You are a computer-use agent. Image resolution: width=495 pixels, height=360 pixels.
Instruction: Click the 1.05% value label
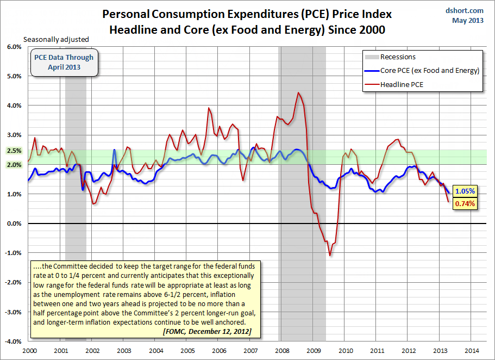(465, 191)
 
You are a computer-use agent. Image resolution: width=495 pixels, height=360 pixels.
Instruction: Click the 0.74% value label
(465, 204)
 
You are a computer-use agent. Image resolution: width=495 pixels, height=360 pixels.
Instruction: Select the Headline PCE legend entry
(402, 84)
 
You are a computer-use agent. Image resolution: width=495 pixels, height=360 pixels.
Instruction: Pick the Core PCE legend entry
(429, 71)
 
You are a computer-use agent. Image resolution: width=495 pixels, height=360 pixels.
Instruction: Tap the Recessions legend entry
(398, 57)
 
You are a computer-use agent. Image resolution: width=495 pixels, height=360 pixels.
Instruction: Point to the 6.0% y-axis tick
(14, 47)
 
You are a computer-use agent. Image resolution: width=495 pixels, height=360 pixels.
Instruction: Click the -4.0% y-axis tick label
(12, 342)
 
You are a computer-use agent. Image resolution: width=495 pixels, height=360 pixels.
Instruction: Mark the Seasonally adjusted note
(55, 39)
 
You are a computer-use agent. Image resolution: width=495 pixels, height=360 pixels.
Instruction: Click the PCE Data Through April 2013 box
(64, 63)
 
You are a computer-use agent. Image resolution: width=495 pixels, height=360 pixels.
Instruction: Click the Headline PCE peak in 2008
(298, 93)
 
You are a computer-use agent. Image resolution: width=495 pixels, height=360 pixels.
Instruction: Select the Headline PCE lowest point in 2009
(329, 256)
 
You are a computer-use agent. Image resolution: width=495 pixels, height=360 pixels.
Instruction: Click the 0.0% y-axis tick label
(14, 224)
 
